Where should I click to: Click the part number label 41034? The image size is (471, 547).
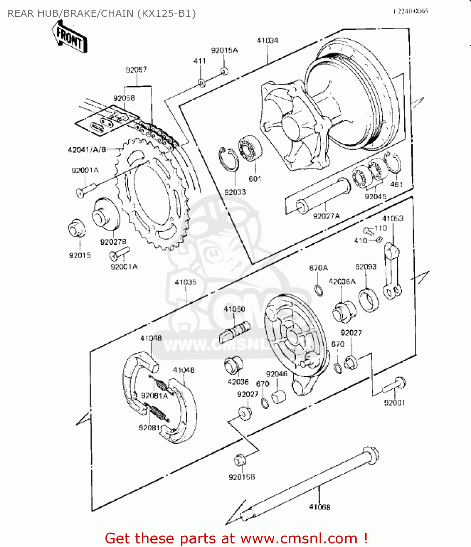[x=267, y=40]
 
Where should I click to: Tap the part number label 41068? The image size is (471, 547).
[x=320, y=507]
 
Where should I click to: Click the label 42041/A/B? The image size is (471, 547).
[x=87, y=150]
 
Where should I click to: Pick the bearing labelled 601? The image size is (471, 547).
[x=250, y=149]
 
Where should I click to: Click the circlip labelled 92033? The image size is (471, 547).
[x=228, y=159]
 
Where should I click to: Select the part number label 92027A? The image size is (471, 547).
[x=326, y=216]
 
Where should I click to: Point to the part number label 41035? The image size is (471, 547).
[x=185, y=282]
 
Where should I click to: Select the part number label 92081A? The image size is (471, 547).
[x=154, y=396]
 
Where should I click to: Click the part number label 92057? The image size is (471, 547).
[x=136, y=69]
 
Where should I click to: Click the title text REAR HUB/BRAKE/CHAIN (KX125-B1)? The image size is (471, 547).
[x=102, y=13]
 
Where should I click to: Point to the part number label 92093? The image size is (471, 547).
[x=366, y=267]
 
